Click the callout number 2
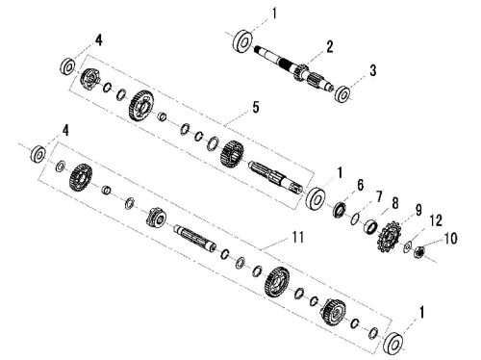point(330,47)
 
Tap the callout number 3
point(372,70)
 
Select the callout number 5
point(255,107)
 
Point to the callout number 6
point(360,185)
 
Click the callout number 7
point(378,196)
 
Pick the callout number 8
point(394,203)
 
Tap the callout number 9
point(418,211)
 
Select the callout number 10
point(450,239)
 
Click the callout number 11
point(297,238)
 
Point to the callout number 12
point(436,221)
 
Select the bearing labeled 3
point(343,94)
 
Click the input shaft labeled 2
point(294,68)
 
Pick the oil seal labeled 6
point(340,209)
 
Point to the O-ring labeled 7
point(354,219)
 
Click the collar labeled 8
point(370,226)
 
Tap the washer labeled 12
point(407,246)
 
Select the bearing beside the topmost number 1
point(242,41)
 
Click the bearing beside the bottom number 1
point(394,344)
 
